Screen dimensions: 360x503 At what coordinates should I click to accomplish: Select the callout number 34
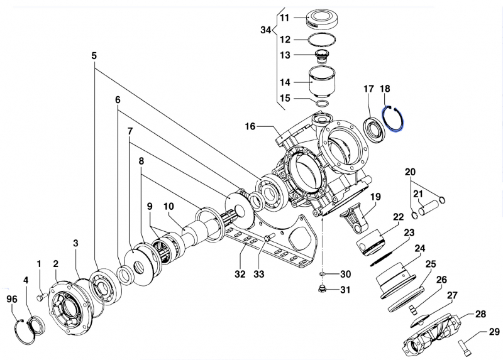266,30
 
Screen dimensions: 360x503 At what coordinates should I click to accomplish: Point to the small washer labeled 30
321,275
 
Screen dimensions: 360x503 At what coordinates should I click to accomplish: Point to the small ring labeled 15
322,103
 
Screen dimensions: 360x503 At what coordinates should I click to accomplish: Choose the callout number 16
250,126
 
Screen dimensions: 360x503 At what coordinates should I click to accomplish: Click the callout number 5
94,55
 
